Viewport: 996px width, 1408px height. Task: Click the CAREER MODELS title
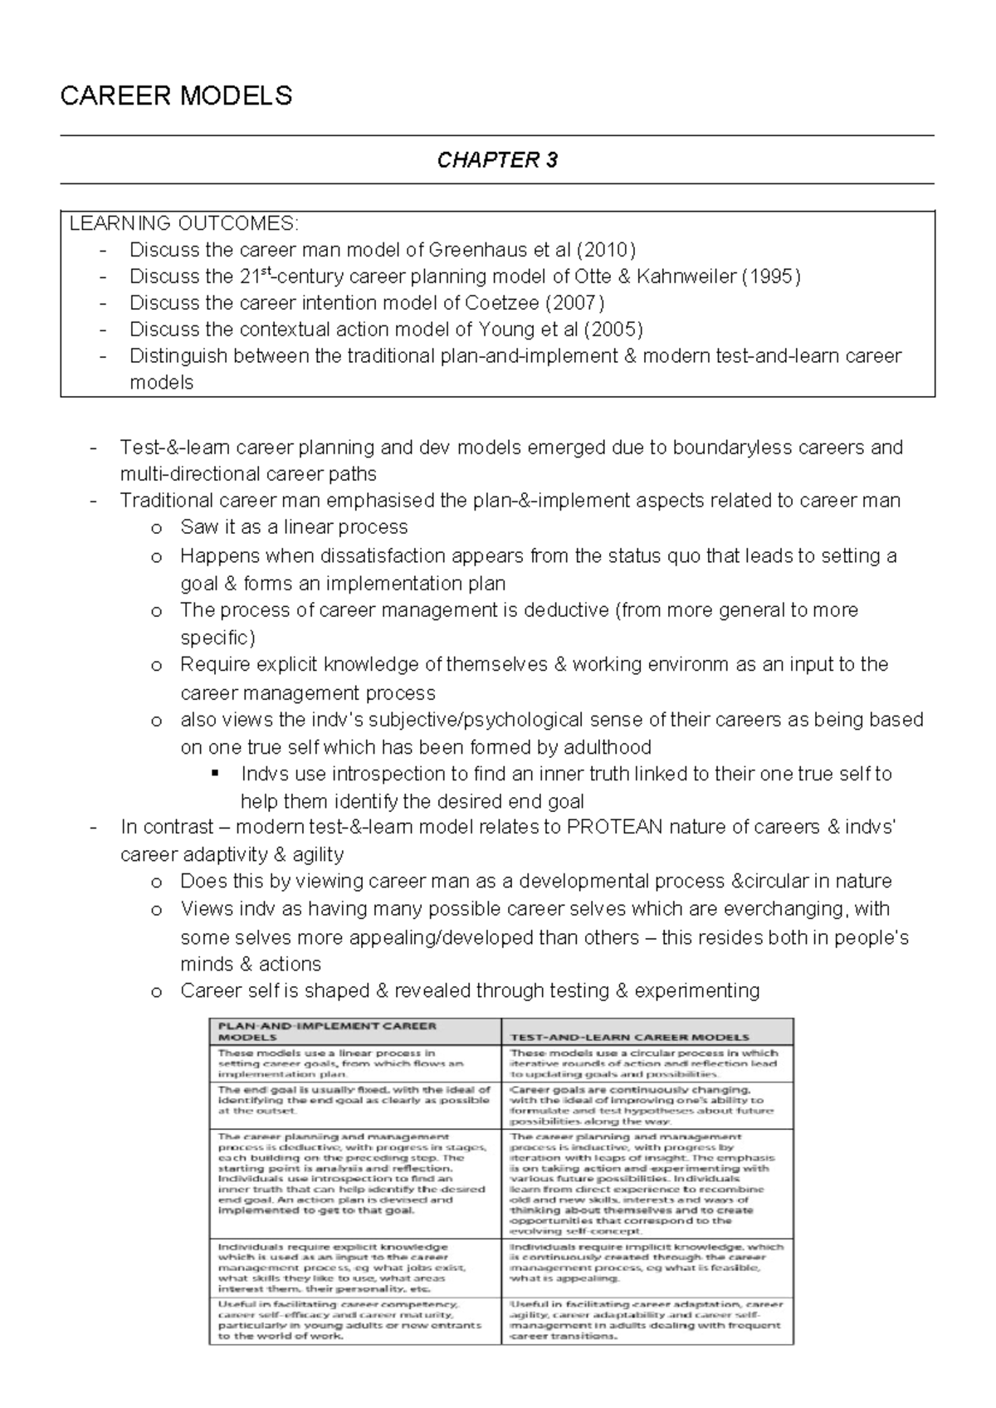pyautogui.click(x=176, y=96)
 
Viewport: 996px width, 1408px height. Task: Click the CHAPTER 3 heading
pyautogui.click(x=497, y=160)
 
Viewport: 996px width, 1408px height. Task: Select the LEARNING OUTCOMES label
pyautogui.click(x=182, y=223)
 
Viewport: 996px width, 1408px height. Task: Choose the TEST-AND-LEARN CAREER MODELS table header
pyautogui.click(x=629, y=1037)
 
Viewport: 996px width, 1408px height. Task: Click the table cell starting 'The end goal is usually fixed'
pyautogui.click(x=354, y=1100)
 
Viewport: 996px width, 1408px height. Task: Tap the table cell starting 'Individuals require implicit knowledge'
pyautogui.click(x=647, y=1263)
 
